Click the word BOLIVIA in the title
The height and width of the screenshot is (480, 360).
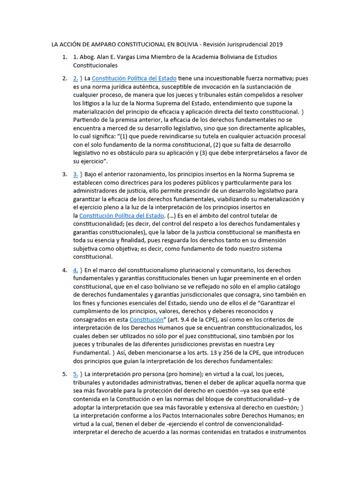pyautogui.click(x=185, y=45)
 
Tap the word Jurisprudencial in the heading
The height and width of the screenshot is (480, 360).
pyautogui.click(x=245, y=45)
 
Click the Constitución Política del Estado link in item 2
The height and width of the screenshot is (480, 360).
pyautogui.click(x=134, y=78)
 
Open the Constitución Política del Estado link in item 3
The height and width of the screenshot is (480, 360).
pyautogui.click(x=121, y=216)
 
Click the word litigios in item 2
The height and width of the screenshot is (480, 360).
pyautogui.click(x=93, y=103)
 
